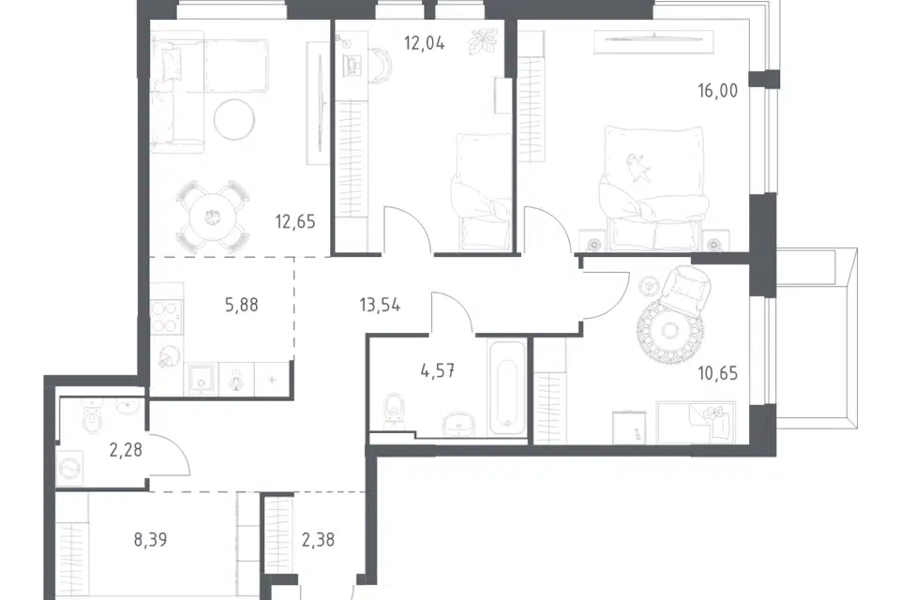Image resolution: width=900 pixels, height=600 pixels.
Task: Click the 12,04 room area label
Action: point(424,43)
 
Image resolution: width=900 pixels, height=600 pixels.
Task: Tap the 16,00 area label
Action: point(717,91)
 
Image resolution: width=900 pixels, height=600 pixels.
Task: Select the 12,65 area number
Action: point(295,221)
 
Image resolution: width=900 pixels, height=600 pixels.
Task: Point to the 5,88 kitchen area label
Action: point(242,305)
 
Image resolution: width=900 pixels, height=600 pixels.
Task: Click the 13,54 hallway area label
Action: point(380,305)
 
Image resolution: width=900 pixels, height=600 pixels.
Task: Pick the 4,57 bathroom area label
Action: point(438,371)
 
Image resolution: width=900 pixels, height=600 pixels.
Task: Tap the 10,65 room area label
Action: point(717,374)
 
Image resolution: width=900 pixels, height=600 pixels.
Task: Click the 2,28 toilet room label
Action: point(126,450)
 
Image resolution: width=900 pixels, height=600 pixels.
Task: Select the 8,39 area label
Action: point(150,540)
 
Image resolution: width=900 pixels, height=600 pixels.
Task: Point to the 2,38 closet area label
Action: point(318,540)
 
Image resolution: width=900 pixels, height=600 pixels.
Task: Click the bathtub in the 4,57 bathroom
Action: point(506,387)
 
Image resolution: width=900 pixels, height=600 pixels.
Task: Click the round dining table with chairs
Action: point(213,217)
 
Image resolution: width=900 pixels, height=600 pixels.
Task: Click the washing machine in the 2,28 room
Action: point(70,469)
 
